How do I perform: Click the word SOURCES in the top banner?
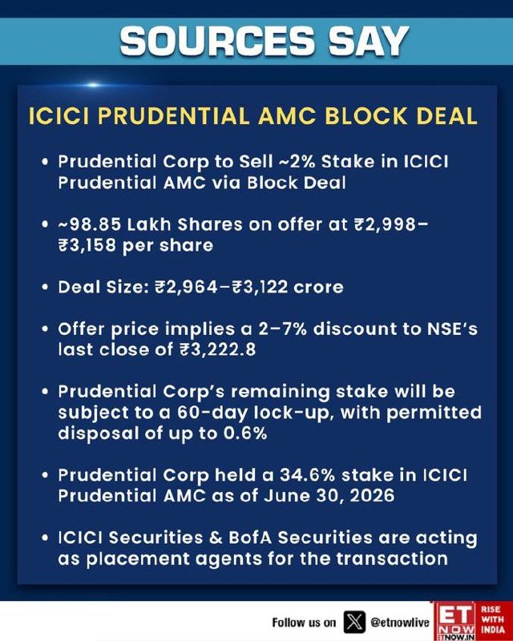(216, 42)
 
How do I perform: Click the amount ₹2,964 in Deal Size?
(186, 287)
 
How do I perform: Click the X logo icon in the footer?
(354, 623)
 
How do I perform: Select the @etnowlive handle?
(400, 623)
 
